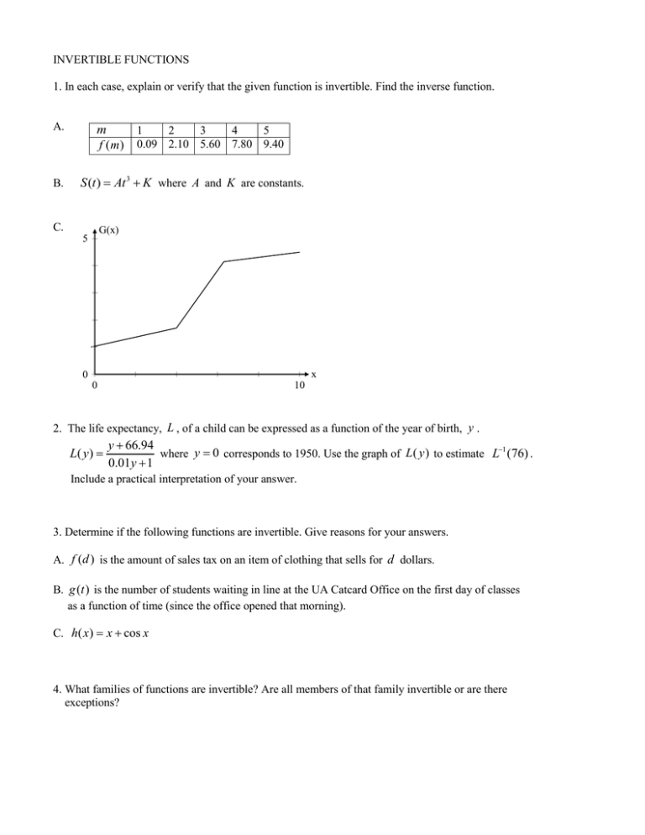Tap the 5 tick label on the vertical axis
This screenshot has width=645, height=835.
pyautogui.click(x=84, y=239)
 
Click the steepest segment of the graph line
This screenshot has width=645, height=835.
pyautogui.click(x=201, y=294)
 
